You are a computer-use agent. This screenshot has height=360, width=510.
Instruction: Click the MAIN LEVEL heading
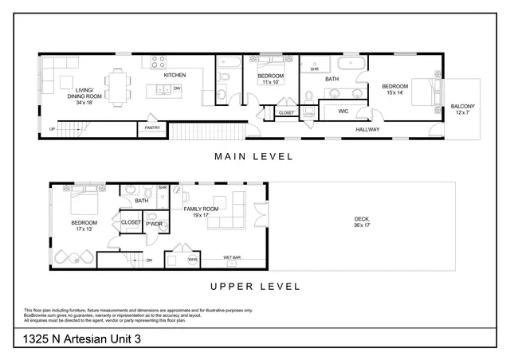pos(253,156)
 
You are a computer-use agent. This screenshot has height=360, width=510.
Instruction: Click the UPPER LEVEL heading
pos(254,286)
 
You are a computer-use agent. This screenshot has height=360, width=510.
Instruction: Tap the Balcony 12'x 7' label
pos(462,109)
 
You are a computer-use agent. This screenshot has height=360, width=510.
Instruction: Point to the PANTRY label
pos(150,127)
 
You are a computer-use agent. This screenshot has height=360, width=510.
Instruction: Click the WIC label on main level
pos(343,111)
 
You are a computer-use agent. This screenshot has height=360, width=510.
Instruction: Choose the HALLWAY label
pos(367,129)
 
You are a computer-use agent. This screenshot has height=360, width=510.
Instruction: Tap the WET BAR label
pos(233,258)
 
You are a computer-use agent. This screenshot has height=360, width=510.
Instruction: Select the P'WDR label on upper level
pos(154,225)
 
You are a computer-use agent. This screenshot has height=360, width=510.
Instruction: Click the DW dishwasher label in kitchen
pos(177,88)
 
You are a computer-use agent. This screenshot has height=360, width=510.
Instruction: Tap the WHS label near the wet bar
pos(192,259)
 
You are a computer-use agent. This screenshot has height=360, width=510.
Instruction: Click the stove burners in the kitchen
pos(158,61)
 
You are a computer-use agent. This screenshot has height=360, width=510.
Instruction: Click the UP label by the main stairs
pos(53,128)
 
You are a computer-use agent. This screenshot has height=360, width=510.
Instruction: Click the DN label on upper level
pos(148,260)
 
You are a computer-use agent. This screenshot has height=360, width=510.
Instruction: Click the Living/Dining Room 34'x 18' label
pos(84,96)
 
